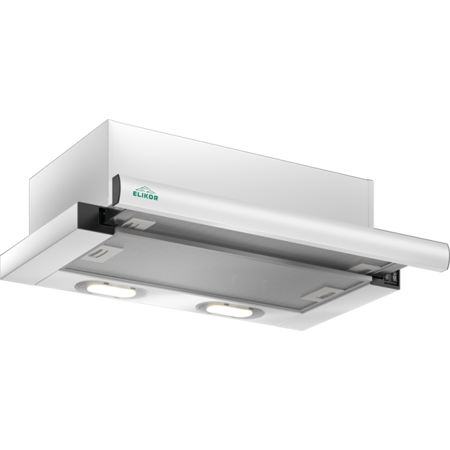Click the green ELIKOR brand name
pyautogui.click(x=145, y=196)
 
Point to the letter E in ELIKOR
pyautogui.click(x=134, y=194)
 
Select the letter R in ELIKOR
pyautogui.click(x=156, y=198)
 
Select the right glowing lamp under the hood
pyautogui.click(x=227, y=310)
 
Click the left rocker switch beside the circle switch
pyautogui.click(x=387, y=278)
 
